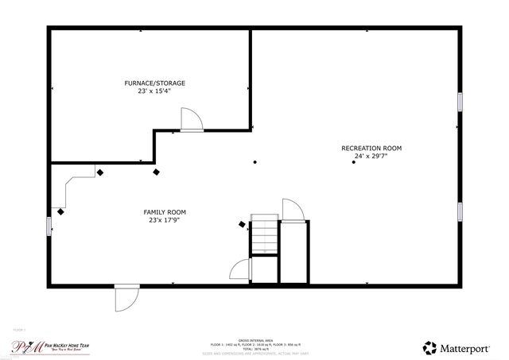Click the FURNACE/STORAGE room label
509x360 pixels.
tap(154, 83)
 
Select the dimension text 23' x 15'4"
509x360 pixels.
tap(154, 91)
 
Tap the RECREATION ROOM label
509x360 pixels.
tap(371, 148)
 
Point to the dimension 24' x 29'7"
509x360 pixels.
tap(371, 157)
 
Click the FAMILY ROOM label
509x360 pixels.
tap(165, 212)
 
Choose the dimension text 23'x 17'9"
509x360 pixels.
tap(165, 221)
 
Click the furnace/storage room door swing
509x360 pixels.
tap(191, 119)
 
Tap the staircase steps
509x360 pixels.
tap(264, 235)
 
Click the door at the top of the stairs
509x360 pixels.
tap(292, 211)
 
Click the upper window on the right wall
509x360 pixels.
tap(460, 103)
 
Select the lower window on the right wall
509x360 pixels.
tap(460, 211)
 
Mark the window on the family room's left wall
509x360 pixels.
tap(49, 226)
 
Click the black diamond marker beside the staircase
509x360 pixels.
tap(242, 225)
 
